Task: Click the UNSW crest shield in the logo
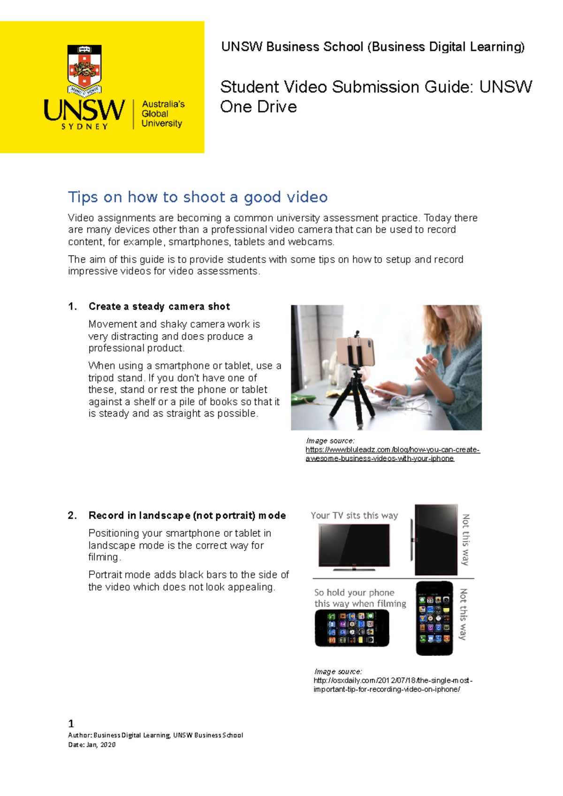(84, 68)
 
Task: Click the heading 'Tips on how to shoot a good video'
(198, 197)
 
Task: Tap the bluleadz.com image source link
(392, 454)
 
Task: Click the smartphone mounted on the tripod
(356, 351)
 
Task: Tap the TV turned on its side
(435, 540)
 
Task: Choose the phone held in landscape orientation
(352, 628)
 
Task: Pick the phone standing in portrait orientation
(434, 618)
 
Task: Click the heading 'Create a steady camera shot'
(159, 307)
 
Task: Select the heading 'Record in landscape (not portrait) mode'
(187, 516)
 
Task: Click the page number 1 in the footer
(71, 723)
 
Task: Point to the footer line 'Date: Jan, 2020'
(92, 744)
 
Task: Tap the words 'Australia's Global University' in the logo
(162, 114)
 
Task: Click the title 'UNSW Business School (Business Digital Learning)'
(373, 47)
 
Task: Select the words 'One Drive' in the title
(259, 107)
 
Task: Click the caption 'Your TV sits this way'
(354, 516)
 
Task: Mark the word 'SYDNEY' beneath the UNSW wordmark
(84, 127)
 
